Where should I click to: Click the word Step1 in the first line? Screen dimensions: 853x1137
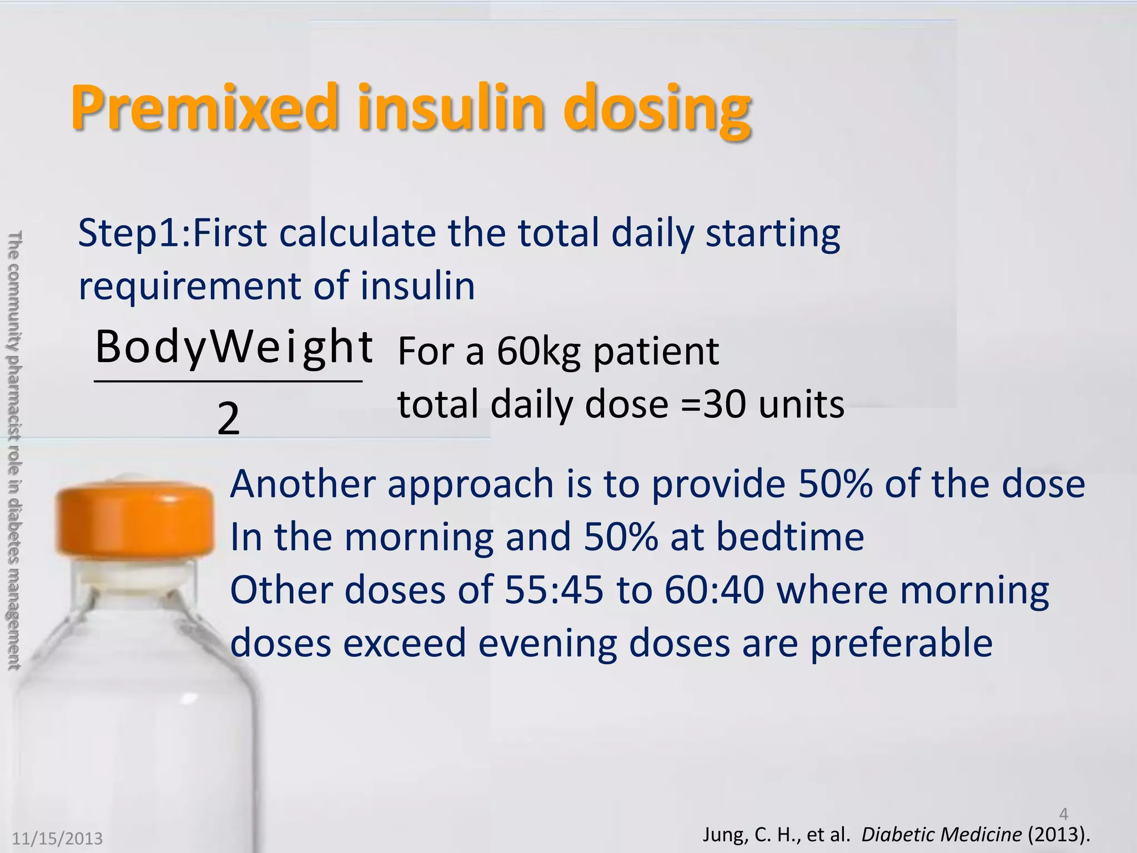tap(130, 233)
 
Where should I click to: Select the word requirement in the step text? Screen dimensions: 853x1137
tap(189, 287)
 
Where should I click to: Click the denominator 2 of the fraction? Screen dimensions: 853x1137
tap(228, 419)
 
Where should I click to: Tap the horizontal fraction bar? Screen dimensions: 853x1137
tap(228, 382)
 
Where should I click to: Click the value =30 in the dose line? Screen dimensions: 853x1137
tap(713, 404)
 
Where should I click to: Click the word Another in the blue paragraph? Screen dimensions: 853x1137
tap(303, 484)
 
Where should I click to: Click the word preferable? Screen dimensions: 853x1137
tap(900, 643)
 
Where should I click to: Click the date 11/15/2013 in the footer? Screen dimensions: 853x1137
tap(58, 838)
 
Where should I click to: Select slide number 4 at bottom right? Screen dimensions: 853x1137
tap(1063, 814)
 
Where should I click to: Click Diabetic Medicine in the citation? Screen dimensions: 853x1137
tap(941, 835)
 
